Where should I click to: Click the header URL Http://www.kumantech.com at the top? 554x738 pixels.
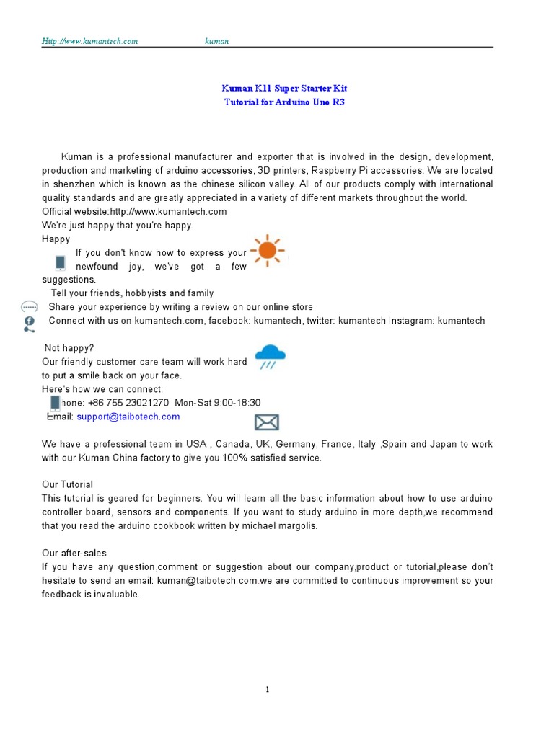[x=89, y=41]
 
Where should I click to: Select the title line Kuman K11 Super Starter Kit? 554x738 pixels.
[x=284, y=88]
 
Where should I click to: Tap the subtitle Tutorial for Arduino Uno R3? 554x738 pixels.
[x=284, y=102]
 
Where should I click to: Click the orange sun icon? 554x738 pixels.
[x=267, y=250]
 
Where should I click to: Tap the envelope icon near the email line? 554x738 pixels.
[x=267, y=422]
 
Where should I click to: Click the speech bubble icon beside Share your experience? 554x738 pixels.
[x=29, y=307]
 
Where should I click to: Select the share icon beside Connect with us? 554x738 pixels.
[x=29, y=324]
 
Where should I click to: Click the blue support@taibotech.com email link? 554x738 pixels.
[x=128, y=417]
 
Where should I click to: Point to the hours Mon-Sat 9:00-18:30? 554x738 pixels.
[x=218, y=403]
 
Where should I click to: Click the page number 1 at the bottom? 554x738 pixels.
[x=268, y=689]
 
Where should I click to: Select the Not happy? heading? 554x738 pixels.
[x=69, y=348]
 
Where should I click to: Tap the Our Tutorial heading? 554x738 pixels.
[x=67, y=484]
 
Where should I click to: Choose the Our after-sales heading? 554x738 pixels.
[x=74, y=553]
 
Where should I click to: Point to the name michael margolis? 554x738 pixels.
[x=281, y=525]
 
